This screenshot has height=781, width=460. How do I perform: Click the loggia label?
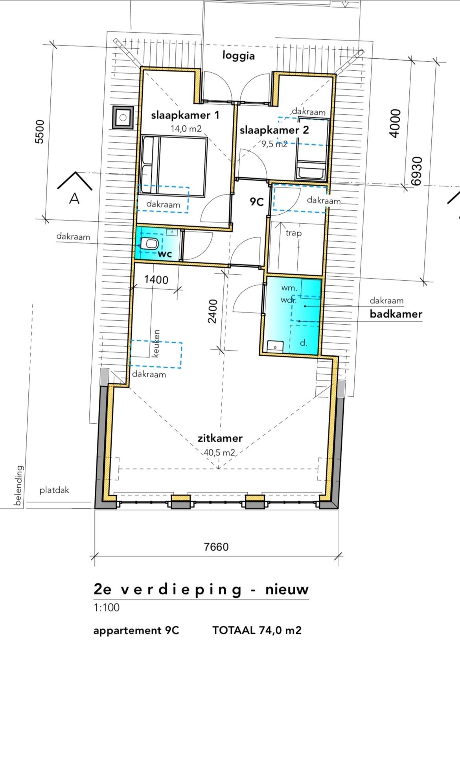pos(238,56)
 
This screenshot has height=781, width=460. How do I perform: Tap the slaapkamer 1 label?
pos(185,115)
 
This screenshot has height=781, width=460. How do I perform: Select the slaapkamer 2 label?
pos(274,130)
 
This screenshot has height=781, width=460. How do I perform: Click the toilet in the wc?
pos(150,244)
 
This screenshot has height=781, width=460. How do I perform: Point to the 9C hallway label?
pos(256,202)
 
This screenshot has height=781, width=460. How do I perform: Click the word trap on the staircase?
pos(293,233)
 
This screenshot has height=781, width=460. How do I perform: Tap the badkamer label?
pos(396,314)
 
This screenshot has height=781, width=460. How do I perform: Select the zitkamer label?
pos(220,438)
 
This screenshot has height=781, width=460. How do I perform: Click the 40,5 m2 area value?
pos(219,452)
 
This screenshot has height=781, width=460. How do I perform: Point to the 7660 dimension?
pos(216,547)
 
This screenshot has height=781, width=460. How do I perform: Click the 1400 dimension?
pos(156,280)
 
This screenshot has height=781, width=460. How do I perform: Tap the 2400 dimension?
pos(212,311)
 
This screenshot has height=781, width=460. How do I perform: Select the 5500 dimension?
pos(40,131)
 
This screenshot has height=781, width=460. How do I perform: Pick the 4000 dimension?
pos(395,123)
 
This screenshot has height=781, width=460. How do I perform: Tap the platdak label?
pos(54,490)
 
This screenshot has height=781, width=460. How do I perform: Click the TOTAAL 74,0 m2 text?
pos(257,630)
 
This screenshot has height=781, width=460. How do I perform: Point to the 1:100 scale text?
pos(106,608)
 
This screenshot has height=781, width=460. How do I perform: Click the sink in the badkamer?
pos(275,347)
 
